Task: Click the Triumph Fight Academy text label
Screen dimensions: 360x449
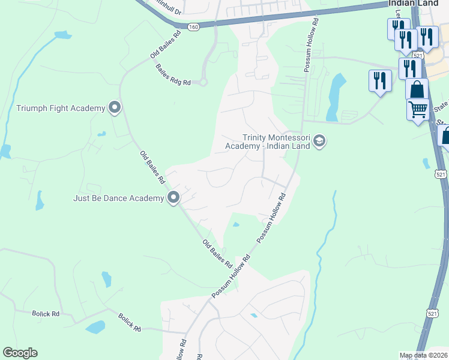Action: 60,108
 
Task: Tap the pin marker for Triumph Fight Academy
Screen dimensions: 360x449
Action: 115,108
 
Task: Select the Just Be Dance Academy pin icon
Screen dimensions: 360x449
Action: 173,197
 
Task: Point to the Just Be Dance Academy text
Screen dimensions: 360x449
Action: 118,198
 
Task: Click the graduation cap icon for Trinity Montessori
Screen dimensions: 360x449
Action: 319,142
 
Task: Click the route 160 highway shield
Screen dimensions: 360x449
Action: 193,27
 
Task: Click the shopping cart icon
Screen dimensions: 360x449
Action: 418,110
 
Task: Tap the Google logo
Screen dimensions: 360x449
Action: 20,353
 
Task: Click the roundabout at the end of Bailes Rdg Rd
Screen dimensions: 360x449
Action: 203,82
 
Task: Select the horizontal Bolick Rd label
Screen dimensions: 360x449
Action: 47,314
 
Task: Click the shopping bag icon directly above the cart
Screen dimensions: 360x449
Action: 417,90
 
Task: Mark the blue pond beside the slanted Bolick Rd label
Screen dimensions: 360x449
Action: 95,327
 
